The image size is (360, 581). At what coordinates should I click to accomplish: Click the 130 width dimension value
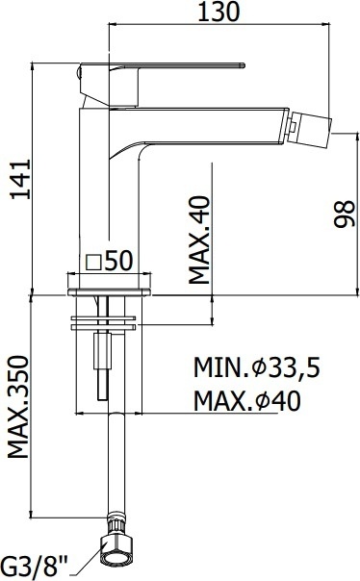[x=219, y=12]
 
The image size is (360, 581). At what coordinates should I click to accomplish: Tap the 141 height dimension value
[x=21, y=179]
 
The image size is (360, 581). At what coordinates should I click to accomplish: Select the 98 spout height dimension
[x=345, y=214]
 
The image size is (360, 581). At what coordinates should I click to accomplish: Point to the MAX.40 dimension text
[x=199, y=240]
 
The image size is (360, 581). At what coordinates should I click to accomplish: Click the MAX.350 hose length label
[x=17, y=407]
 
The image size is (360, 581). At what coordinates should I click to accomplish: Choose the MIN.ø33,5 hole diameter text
[x=257, y=367]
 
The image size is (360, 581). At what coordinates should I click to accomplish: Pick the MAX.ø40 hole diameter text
[x=247, y=400]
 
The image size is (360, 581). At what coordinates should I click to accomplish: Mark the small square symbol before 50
[x=93, y=263]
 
